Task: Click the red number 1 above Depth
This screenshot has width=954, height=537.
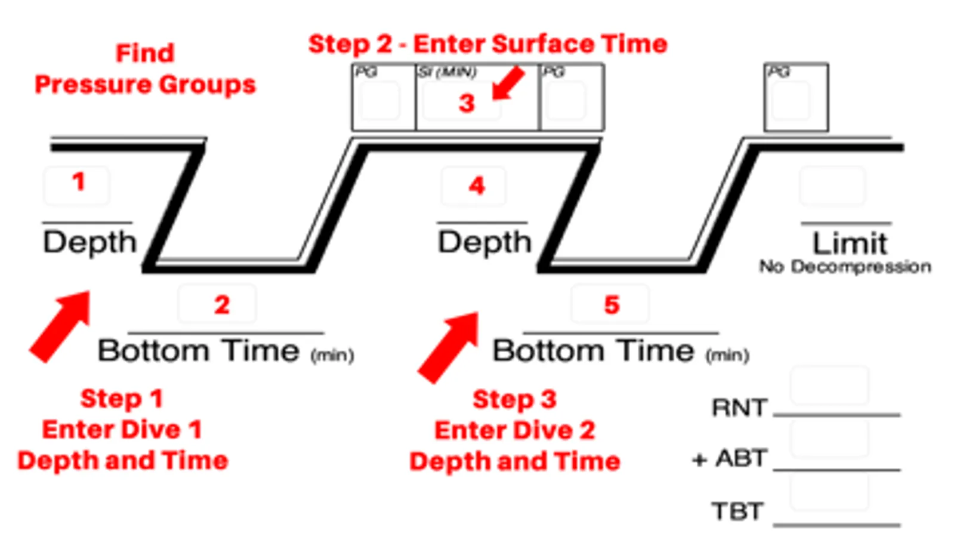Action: (78, 181)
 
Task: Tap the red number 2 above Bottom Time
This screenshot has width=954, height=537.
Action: (222, 305)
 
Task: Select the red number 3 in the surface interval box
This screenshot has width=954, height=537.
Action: (467, 104)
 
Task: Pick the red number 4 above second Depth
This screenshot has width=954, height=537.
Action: (476, 186)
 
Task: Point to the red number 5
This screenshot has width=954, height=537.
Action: (612, 305)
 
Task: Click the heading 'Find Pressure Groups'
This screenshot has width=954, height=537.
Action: (145, 69)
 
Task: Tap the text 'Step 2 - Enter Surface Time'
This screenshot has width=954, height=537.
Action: (487, 44)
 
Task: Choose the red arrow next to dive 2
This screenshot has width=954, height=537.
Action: (449, 346)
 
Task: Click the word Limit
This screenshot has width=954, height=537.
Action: (850, 243)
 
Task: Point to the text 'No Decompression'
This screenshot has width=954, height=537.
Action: (845, 267)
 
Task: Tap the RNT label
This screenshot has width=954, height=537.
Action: (739, 408)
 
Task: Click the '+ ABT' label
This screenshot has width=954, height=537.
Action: (730, 458)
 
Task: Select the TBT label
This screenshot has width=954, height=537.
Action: (737, 511)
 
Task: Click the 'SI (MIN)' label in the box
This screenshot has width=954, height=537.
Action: (446, 72)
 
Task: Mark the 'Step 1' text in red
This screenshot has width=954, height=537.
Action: (122, 399)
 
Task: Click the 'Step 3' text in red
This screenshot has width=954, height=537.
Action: (514, 399)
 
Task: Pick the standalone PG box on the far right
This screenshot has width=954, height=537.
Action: (796, 97)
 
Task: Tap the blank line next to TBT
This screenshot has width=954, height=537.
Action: (836, 523)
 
